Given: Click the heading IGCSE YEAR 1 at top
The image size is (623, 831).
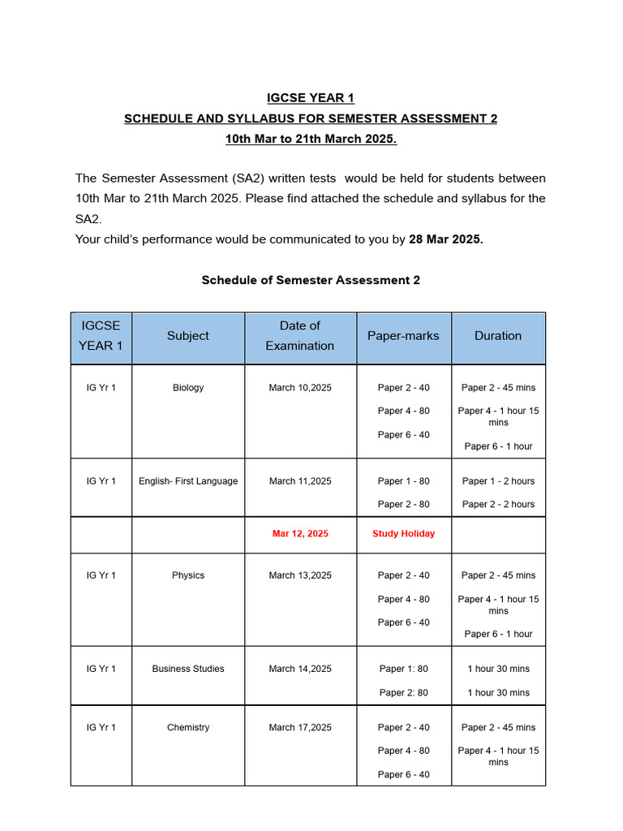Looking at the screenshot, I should tap(311, 98).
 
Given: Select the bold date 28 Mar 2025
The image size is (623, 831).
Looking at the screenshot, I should tap(445, 239).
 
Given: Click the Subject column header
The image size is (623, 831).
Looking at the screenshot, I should tap(187, 336).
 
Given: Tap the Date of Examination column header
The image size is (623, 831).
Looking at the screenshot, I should tap(299, 336).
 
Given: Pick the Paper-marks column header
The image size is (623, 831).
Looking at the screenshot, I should tap(403, 336).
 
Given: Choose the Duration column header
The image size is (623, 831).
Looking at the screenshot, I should tap(498, 336).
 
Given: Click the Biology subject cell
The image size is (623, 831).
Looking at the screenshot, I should tap(188, 388).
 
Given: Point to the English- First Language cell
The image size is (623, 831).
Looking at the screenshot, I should tap(188, 481).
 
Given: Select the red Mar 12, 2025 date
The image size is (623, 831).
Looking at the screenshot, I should tap(300, 534).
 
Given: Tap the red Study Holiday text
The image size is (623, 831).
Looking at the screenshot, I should tap(403, 534).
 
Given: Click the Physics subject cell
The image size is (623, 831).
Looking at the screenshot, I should tap(188, 575).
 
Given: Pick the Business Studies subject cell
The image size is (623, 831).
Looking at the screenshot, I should tap(188, 669).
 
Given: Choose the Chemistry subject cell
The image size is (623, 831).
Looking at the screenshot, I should tap(188, 728).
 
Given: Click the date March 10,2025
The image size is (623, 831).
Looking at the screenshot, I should tap(300, 388).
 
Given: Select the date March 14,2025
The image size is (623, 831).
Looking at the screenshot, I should tap(300, 669).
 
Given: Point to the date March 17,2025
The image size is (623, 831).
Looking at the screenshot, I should tap(300, 728).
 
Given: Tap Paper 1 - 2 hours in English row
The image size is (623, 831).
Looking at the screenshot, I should tap(498, 481).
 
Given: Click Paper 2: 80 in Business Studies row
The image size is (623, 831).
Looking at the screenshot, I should tap(403, 692).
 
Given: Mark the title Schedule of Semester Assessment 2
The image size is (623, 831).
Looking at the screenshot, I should tap(311, 280).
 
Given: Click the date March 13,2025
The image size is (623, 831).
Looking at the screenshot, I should tap(300, 575).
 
